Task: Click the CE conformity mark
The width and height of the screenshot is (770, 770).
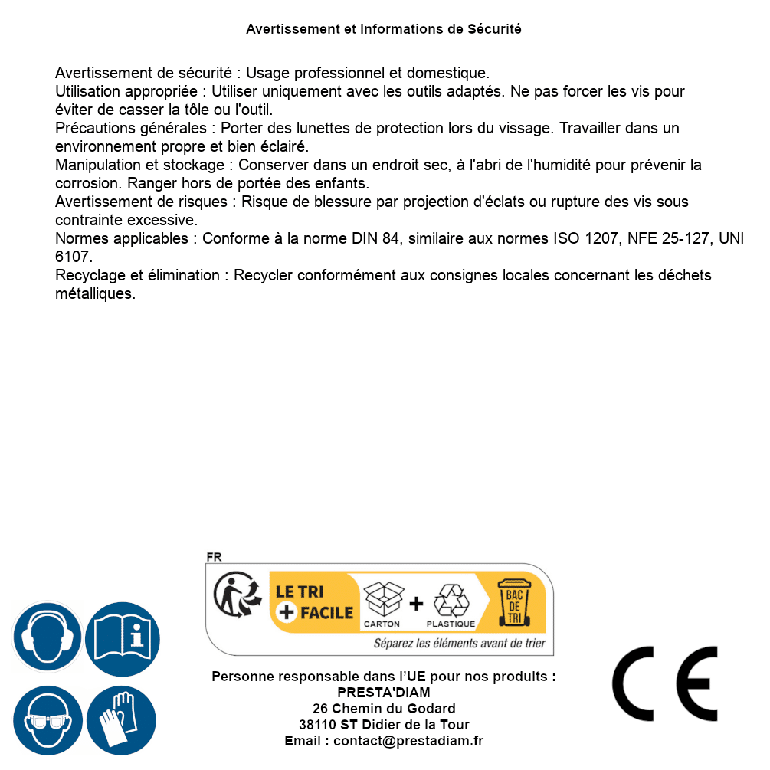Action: coord(664,683)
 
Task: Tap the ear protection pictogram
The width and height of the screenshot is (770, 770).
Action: coord(47,637)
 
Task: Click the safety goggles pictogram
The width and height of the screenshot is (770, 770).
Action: coord(47,720)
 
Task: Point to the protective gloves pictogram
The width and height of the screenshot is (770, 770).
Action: coord(121,720)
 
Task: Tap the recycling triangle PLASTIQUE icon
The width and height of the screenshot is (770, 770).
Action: coord(451,601)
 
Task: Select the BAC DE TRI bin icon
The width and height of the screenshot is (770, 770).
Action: coord(513,602)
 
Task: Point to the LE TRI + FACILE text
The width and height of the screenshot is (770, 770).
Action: coord(315,602)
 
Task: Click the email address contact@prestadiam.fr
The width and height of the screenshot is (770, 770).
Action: coord(408,741)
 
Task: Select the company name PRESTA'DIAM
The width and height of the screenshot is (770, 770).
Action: coord(384,693)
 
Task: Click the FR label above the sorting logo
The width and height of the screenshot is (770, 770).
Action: coord(214,558)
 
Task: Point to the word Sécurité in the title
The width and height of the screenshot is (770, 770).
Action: coord(495,29)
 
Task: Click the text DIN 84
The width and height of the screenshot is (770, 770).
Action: coord(375,239)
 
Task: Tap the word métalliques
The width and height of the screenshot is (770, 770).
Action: coord(95,294)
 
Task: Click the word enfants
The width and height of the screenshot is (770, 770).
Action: coord(343,184)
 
